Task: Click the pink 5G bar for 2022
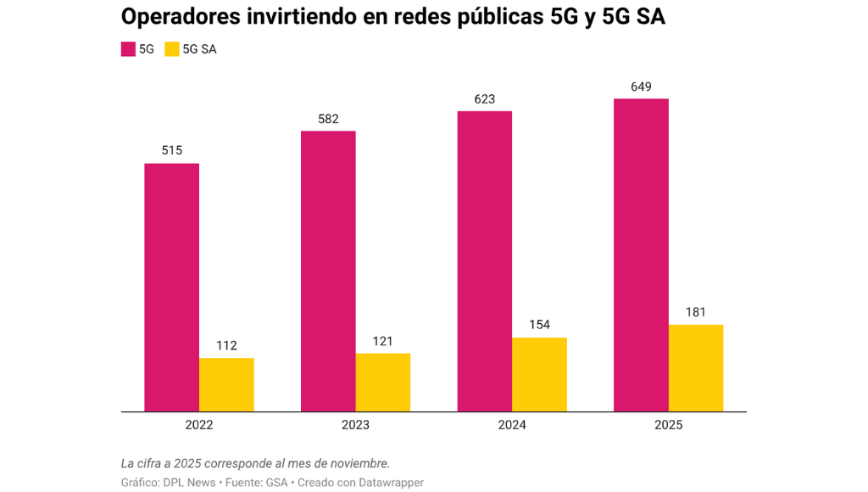171,288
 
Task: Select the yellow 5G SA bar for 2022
226,385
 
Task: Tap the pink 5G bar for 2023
328,271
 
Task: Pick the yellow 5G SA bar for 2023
383,383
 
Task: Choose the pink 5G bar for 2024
484,261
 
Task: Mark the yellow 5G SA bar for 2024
540,375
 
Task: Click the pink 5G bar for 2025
641,255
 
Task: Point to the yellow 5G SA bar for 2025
696,368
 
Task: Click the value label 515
171,151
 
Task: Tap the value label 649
641,87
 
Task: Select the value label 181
696,312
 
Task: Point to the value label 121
383,341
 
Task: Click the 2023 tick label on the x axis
355,425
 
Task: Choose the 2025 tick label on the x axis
669,425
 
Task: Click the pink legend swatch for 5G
129,49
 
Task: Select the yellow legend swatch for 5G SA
172,49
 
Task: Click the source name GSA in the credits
277,483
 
